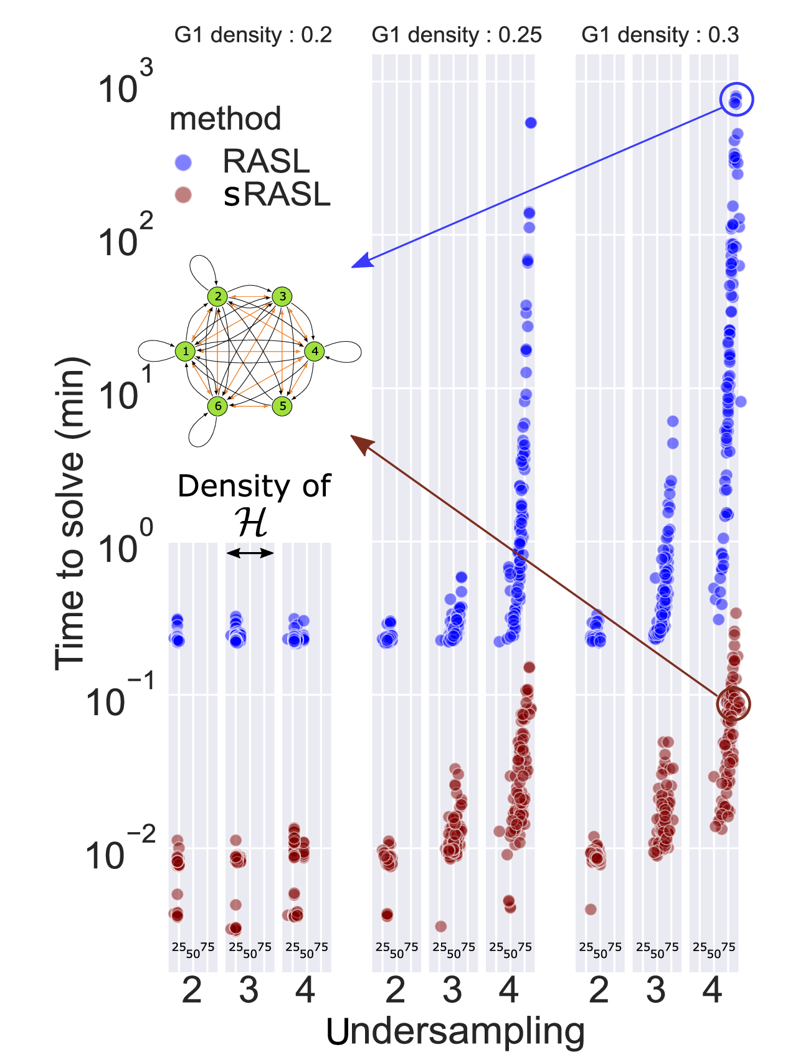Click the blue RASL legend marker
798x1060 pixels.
[x=183, y=163]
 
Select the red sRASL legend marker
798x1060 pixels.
[x=183, y=195]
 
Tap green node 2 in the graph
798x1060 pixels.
[x=217, y=296]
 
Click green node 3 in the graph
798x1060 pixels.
[x=283, y=296]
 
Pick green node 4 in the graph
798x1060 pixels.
[x=315, y=351]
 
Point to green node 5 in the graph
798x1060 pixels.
[x=283, y=406]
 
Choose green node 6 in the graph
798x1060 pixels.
[x=217, y=406]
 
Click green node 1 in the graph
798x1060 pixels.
[x=185, y=351]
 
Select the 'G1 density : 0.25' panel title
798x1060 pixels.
[x=457, y=35]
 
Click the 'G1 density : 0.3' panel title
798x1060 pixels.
[x=660, y=35]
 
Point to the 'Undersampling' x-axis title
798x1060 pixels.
[x=455, y=1031]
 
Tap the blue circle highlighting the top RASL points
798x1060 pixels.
[x=736, y=99]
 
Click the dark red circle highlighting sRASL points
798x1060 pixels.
[x=733, y=704]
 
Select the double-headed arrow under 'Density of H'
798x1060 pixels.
[x=250, y=553]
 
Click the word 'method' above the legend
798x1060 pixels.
[x=226, y=118]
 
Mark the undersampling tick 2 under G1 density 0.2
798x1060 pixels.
[x=191, y=990]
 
